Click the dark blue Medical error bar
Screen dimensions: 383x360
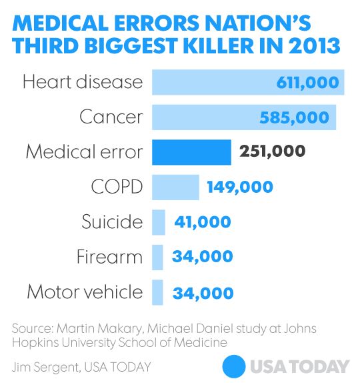click(191, 151)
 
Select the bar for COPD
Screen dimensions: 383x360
click(175, 187)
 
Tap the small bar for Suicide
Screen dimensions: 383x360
click(159, 222)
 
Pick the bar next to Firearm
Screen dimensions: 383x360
click(157, 256)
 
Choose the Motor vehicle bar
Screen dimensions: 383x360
click(157, 292)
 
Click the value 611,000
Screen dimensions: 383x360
click(308, 83)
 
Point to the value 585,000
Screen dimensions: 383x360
click(293, 117)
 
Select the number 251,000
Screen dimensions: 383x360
click(272, 151)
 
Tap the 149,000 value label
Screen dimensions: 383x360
click(239, 187)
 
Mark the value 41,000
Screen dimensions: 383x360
click(202, 222)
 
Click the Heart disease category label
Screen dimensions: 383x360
click(82, 82)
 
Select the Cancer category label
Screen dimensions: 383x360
click(111, 117)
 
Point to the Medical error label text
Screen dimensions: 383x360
click(84, 151)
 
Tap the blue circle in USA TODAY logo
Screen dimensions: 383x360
click(234, 366)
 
